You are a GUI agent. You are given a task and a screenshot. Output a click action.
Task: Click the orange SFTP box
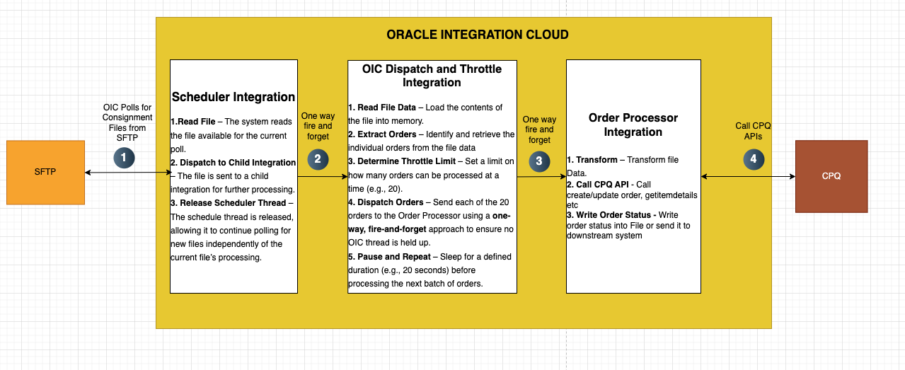46,173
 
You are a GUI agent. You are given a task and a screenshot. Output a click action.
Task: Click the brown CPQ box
831,176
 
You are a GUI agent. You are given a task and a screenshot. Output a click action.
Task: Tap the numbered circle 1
124,158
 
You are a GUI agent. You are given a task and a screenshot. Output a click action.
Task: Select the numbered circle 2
318,159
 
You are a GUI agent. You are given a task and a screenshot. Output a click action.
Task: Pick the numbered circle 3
539,161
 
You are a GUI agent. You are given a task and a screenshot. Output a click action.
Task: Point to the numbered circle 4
754,159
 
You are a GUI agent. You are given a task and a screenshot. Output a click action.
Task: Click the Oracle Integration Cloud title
478,35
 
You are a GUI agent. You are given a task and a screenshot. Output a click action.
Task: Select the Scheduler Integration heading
234,97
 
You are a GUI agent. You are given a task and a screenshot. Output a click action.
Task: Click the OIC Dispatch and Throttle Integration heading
432,76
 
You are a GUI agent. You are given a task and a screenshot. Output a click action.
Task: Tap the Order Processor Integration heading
633,125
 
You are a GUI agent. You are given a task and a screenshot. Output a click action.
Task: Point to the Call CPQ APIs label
753,132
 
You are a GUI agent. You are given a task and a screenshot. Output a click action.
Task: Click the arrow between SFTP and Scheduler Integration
129,173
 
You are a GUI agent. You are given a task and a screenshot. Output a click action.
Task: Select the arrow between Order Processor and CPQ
748,177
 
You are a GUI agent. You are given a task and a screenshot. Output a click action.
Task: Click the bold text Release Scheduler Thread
233,203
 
